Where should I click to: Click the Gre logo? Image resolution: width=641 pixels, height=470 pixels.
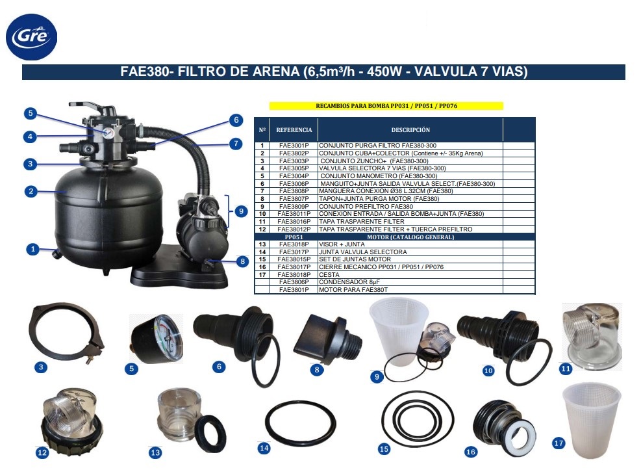[31, 37]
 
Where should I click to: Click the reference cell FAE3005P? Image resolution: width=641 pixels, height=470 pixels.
[294, 168]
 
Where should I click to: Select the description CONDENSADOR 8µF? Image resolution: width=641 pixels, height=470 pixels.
[349, 282]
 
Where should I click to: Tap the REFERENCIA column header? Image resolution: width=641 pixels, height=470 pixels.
[294, 129]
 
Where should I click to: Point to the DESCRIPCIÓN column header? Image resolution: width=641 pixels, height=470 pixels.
[410, 129]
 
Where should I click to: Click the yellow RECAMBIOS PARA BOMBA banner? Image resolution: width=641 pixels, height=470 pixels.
[386, 105]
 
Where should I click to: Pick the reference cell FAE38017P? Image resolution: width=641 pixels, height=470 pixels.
[294, 267]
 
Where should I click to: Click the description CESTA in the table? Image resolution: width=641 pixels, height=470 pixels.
[329, 274]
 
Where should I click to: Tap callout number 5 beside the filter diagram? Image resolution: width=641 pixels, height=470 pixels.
[31, 113]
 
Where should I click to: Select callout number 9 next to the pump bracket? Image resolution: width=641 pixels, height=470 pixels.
[241, 211]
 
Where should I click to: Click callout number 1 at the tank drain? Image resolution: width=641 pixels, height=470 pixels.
[32, 249]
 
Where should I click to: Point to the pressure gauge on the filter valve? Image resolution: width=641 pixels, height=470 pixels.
[108, 133]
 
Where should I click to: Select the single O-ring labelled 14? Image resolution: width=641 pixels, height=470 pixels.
[301, 423]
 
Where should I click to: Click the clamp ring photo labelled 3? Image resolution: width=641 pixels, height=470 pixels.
[66, 332]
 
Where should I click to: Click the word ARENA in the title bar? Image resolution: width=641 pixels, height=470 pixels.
[276, 72]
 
